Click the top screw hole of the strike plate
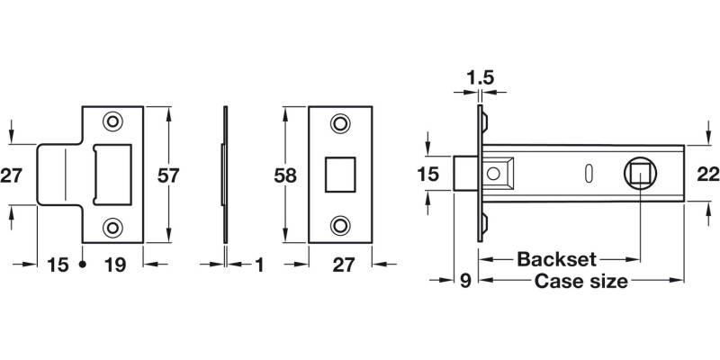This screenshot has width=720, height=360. (113, 121)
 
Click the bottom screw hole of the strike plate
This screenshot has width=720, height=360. (113, 228)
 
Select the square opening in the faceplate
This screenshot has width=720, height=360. (339, 173)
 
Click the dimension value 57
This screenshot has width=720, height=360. (168, 175)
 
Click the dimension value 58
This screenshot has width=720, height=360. (285, 175)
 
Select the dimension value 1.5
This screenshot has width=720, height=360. (481, 79)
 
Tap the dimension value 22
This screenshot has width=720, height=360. (707, 175)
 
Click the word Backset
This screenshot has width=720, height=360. (556, 260)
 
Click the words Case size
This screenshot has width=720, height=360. (580, 282)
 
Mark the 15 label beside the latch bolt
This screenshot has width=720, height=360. (429, 175)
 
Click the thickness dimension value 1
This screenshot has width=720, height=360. (259, 265)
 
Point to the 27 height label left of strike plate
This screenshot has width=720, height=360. (11, 175)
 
